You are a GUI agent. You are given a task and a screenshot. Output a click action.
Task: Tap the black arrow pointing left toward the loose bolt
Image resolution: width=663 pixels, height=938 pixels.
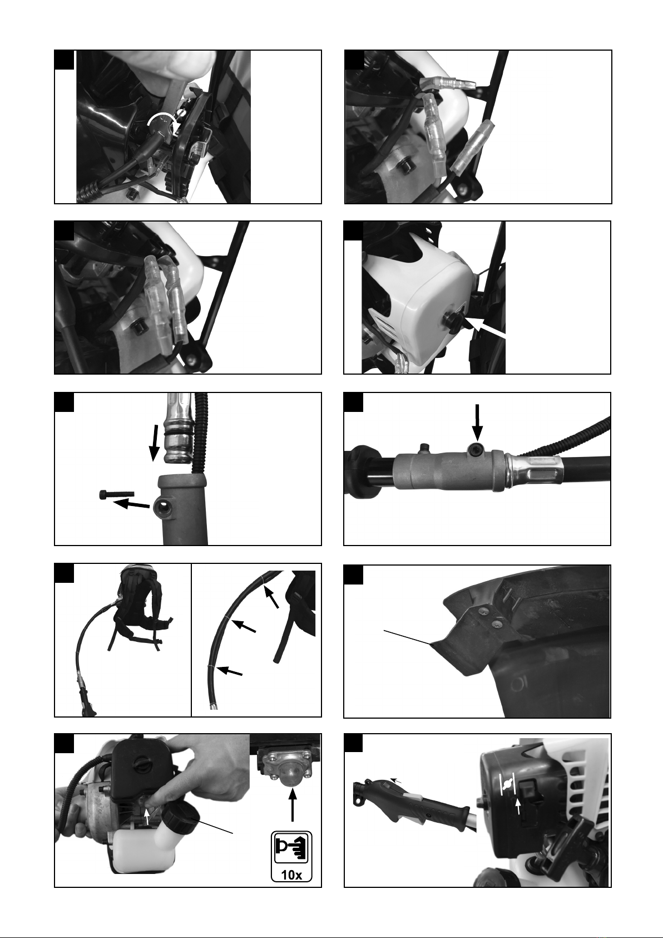click(x=131, y=504)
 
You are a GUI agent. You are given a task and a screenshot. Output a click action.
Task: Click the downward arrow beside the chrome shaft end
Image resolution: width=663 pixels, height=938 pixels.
click(x=155, y=443)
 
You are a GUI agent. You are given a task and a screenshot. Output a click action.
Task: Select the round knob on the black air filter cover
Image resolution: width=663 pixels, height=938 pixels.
click(x=141, y=763)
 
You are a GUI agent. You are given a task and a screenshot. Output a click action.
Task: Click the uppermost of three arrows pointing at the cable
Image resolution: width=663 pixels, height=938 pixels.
click(x=271, y=596)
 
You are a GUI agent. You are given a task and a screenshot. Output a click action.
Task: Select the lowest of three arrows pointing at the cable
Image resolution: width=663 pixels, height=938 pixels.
click(x=230, y=671)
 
